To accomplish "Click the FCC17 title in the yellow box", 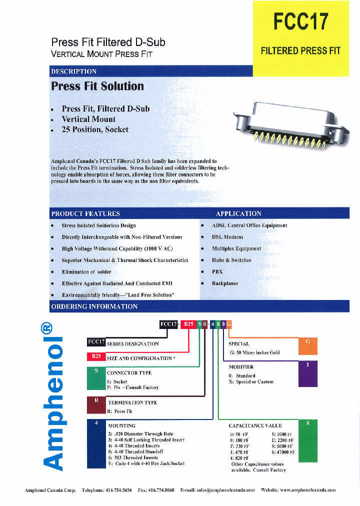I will (300, 22).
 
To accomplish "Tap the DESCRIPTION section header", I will (74, 71).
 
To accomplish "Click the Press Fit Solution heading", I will (97, 86).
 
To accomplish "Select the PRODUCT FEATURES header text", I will (85, 213).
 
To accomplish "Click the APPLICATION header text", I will (238, 213).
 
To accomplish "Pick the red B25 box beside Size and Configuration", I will (96, 356).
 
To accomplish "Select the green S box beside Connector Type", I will (96, 379).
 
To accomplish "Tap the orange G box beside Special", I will (308, 346).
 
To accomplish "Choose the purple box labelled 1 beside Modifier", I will (308, 373).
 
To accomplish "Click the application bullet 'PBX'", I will (217, 271).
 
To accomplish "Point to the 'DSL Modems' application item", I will (227, 237).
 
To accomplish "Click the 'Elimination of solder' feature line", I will (86, 271).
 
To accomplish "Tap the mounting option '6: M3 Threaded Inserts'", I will (132, 457).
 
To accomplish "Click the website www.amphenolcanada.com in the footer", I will (306, 490).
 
